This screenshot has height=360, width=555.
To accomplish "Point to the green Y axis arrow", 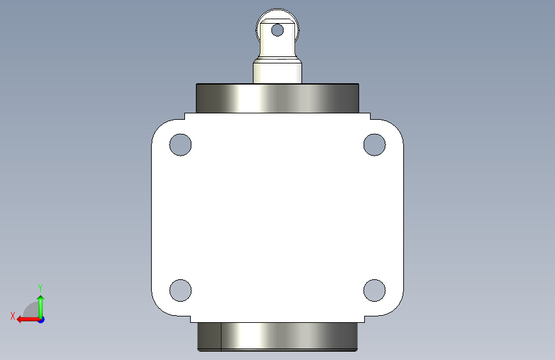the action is click(41, 307).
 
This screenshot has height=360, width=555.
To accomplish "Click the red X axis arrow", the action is click(28, 320).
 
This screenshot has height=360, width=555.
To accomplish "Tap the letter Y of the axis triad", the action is click(40, 288).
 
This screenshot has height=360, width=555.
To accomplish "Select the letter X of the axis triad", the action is click(13, 316).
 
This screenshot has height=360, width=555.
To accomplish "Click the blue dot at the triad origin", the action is click(41, 320).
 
